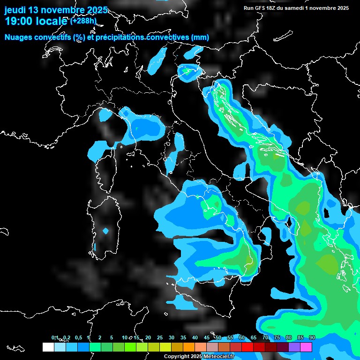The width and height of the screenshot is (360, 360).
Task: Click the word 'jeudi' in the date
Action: pos(16,10)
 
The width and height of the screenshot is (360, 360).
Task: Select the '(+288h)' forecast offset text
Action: pos(83,21)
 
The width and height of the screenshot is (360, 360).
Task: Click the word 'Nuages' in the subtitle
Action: pos(18,37)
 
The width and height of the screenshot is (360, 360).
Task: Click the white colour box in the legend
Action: pos(48,347)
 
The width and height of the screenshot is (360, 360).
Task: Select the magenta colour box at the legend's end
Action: pos(306,347)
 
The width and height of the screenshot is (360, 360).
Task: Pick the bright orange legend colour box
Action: pos(189,347)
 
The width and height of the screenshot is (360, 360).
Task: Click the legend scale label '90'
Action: pos(312,338)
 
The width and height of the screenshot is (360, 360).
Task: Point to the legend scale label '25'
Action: pos(160,338)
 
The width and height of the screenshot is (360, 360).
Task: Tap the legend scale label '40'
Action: pos(195,338)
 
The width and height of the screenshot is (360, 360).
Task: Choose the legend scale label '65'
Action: pos(254,338)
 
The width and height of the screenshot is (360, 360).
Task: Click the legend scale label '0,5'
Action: pos(78,338)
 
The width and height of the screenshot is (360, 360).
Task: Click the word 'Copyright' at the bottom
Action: pos(177,357)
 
